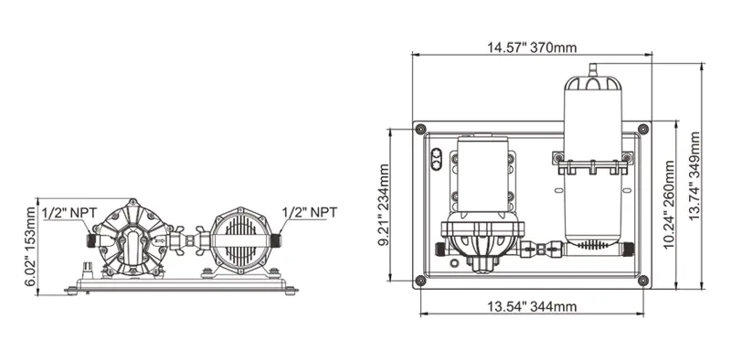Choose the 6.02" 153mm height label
(x=32, y=245)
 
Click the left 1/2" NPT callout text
(x=69, y=212)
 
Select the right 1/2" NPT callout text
(x=310, y=212)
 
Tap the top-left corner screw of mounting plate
(x=421, y=128)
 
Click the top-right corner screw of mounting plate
(x=643, y=128)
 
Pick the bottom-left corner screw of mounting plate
(x=421, y=281)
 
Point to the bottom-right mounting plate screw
(x=643, y=281)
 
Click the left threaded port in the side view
(x=91, y=240)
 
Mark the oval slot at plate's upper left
(x=436, y=159)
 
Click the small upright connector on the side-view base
(x=88, y=270)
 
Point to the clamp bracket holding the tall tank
(x=592, y=164)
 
